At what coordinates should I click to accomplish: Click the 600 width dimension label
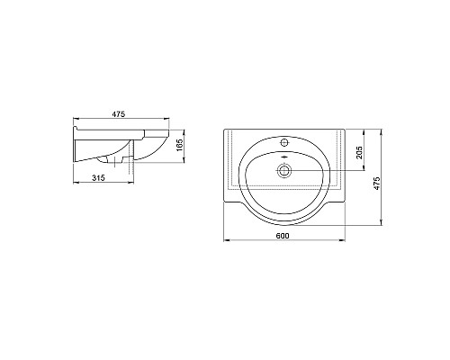pyautogui.click(x=283, y=236)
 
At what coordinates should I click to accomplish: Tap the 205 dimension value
pyautogui.click(x=359, y=152)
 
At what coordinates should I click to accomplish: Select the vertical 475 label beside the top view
pyautogui.click(x=376, y=183)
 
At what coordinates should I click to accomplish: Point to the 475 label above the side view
pyautogui.click(x=119, y=114)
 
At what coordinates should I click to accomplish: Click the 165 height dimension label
pyautogui.click(x=179, y=145)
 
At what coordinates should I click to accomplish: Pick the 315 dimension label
pyautogui.click(x=98, y=178)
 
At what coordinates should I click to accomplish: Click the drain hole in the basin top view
pyautogui.click(x=283, y=171)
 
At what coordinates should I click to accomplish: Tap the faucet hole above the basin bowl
pyautogui.click(x=284, y=142)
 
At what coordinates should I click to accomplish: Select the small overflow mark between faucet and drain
pyautogui.click(x=284, y=157)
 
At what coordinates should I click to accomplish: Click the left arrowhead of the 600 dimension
pyautogui.click(x=227, y=240)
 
